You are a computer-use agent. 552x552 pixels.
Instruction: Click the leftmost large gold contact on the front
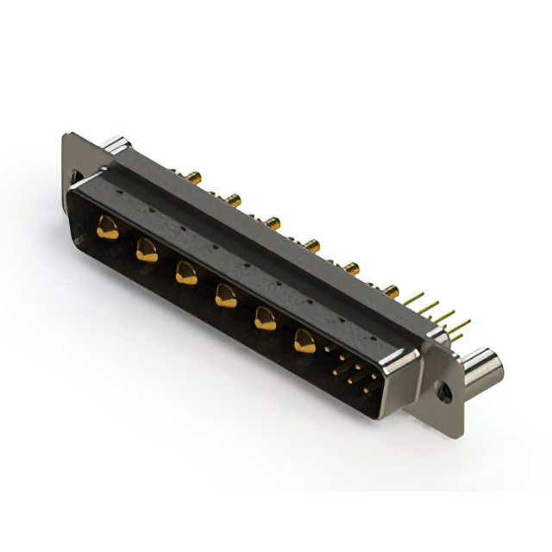108,229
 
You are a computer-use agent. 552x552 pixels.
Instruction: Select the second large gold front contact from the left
147,251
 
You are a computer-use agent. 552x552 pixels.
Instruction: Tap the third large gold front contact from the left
185,273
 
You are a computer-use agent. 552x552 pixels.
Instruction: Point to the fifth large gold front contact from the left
265,320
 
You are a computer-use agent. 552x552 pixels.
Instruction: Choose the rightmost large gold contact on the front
304,342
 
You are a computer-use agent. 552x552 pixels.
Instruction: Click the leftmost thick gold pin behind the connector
196,179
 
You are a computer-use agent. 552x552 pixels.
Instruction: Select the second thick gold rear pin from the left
235,201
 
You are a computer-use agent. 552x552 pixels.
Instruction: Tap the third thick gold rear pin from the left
273,223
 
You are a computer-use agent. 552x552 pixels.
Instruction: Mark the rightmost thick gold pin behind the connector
391,291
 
